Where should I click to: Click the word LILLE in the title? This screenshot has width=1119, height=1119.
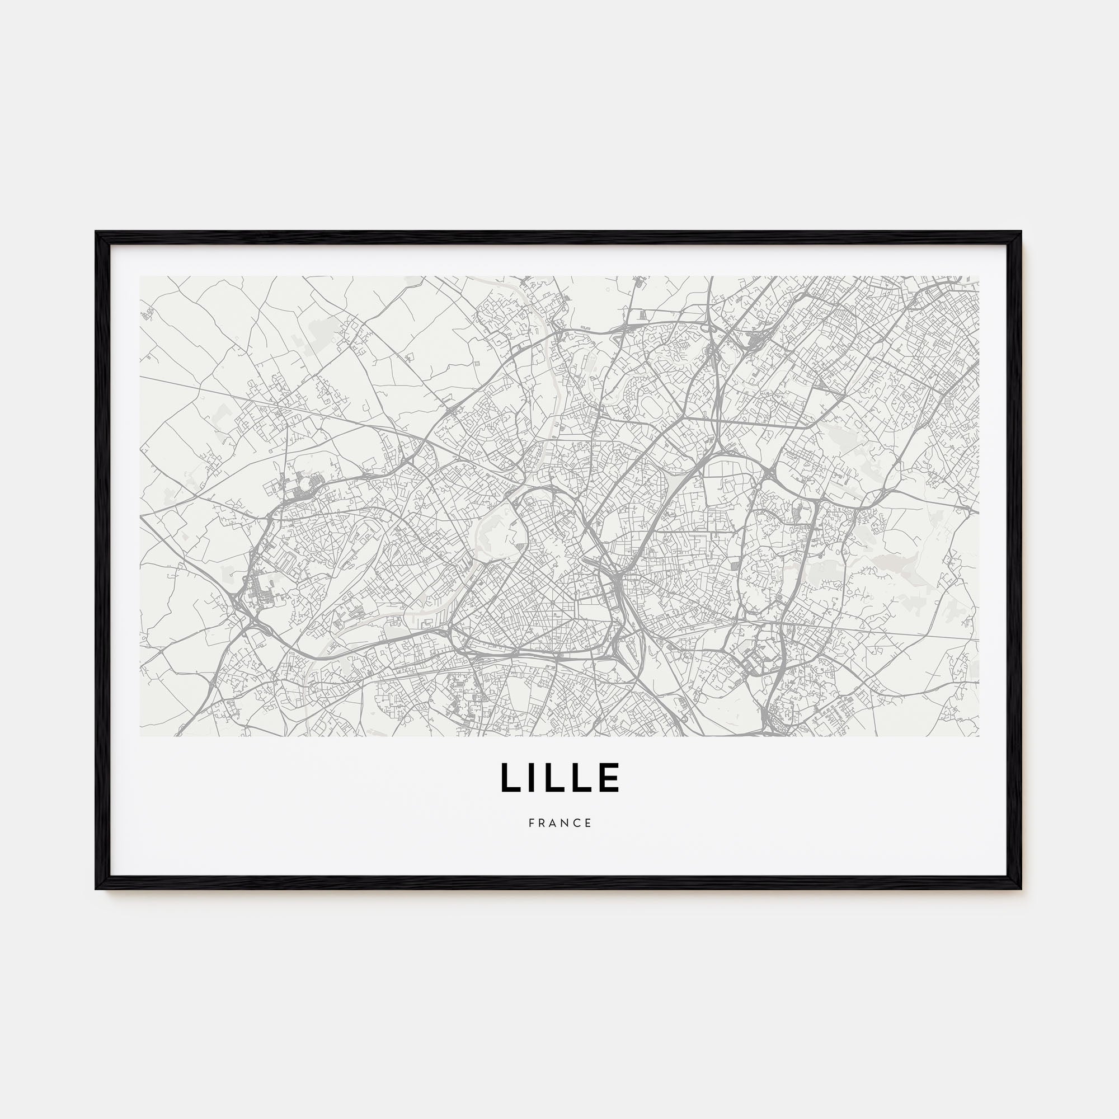coord(560,777)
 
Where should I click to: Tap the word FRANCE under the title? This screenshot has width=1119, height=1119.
coord(560,823)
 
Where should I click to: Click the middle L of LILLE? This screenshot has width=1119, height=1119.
coord(557,777)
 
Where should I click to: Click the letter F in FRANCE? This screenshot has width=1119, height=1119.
coord(531,823)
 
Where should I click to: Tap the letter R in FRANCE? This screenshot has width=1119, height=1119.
coord(542,823)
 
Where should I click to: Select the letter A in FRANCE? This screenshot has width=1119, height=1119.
coord(553,823)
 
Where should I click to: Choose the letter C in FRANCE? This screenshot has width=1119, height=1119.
coord(577,823)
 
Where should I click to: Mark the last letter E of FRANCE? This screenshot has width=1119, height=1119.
coord(589,823)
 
